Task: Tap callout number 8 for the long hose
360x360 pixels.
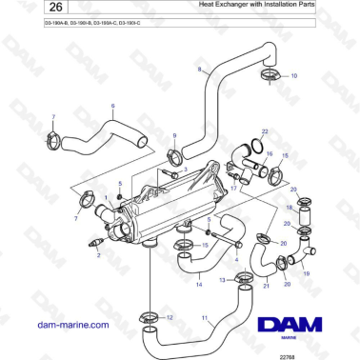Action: [x=199, y=70]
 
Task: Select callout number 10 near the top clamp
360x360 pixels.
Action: [x=293, y=74]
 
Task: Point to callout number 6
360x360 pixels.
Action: [x=112, y=106]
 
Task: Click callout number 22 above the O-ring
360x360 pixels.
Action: [x=265, y=130]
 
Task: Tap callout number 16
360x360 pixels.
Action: [x=270, y=152]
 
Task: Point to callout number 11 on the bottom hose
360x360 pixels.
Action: [x=204, y=318]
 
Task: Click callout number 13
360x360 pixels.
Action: [x=223, y=280]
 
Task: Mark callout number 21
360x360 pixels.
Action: [x=266, y=284]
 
